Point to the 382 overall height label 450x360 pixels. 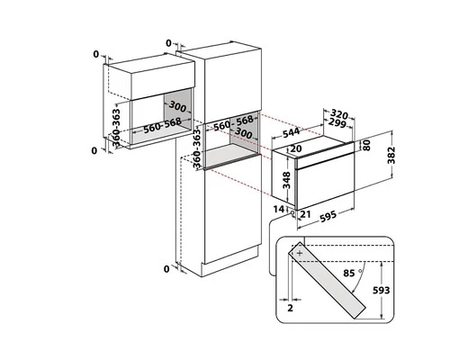pos(391,156)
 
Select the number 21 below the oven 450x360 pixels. pos(305,213)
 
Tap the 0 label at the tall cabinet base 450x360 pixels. pos(167,269)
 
